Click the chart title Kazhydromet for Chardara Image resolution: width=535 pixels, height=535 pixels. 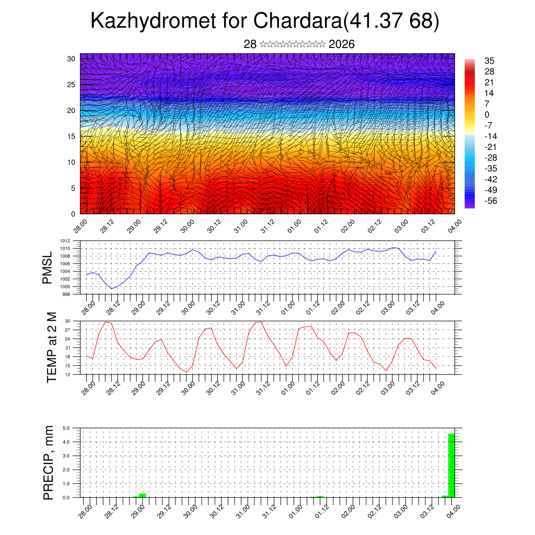point(264,21)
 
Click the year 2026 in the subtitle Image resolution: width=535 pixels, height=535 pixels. point(342,44)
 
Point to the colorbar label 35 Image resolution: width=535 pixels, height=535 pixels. point(490,61)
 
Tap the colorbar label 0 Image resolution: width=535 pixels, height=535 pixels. point(487,114)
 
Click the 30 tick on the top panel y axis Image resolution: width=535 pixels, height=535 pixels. point(71,58)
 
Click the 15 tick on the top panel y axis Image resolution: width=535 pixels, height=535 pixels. point(71,136)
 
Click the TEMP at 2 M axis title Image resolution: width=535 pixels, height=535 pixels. point(51,347)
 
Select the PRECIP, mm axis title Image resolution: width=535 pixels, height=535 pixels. point(49,462)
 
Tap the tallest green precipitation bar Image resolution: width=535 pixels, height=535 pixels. point(451,465)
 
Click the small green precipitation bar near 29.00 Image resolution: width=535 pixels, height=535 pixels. point(142,495)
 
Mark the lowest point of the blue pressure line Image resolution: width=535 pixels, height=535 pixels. point(111,288)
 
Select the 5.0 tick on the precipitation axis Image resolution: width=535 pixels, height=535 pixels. point(67,428)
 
